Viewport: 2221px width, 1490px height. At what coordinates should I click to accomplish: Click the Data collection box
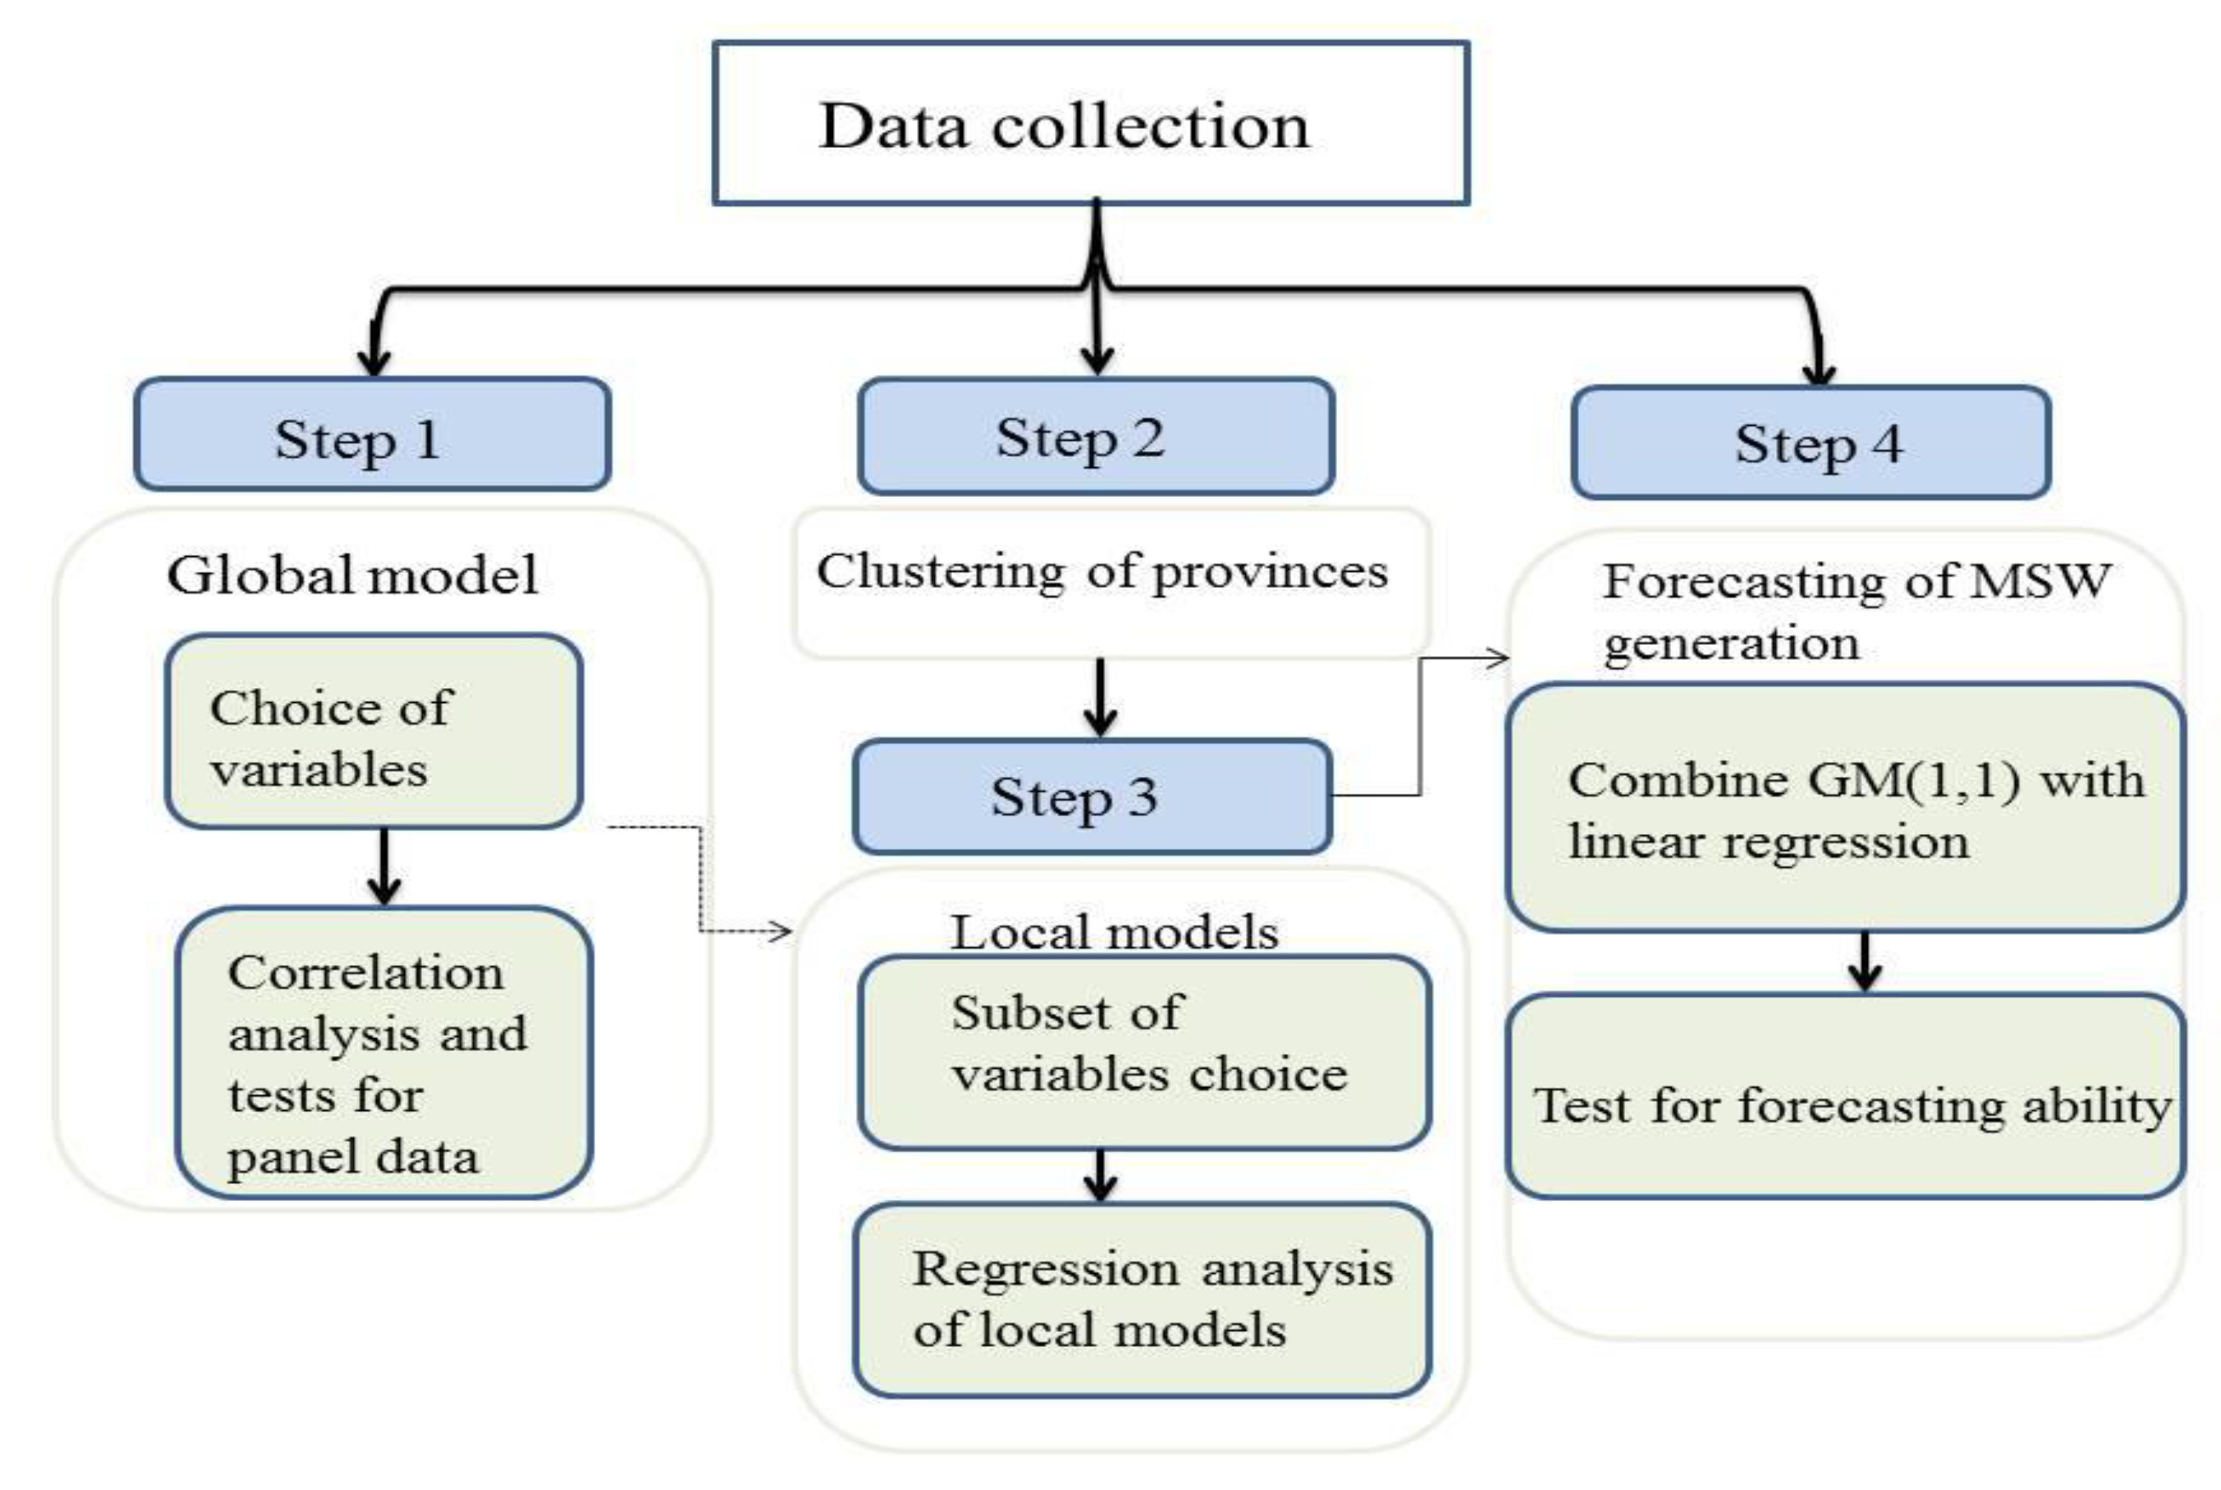tap(1091, 123)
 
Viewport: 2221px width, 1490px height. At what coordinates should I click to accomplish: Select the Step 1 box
tap(372, 434)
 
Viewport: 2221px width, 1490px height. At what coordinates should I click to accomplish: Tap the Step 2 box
tap(1096, 436)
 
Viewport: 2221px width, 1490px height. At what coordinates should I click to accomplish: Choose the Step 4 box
tap(1811, 442)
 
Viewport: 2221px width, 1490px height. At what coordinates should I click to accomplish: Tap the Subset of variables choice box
tap(1145, 1052)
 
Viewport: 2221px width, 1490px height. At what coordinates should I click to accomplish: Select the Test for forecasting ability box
tap(1846, 1095)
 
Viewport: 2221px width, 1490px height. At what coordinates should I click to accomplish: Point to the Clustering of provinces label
tap(1102, 572)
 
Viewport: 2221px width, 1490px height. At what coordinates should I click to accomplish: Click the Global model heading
tap(352, 575)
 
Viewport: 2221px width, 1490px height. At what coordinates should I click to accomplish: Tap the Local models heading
tap(1114, 932)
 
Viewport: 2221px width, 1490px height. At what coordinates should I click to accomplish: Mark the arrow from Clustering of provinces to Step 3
tap(1100, 698)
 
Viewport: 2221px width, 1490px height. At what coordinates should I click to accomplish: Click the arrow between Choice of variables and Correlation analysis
tap(383, 866)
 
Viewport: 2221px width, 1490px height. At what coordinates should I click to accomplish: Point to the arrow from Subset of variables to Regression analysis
tap(1100, 1175)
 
